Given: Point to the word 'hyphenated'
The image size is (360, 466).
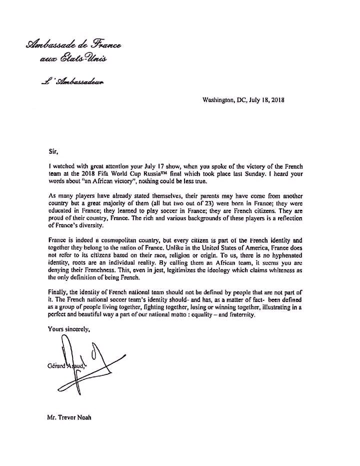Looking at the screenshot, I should [293, 263].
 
